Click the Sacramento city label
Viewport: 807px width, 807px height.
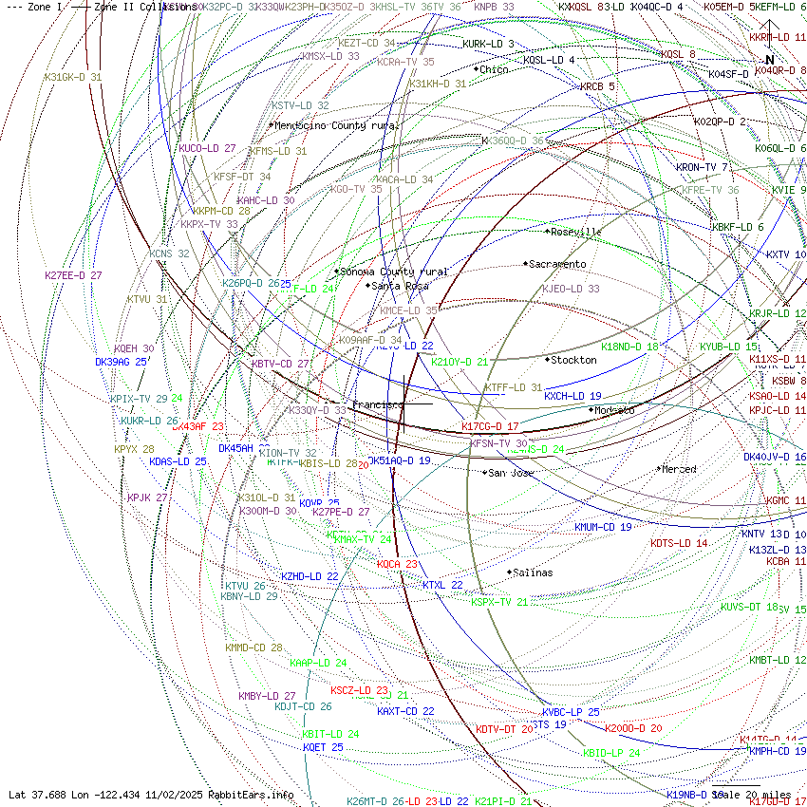coord(558,264)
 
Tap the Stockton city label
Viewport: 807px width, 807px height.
coord(574,360)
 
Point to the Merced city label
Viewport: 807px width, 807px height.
coord(679,469)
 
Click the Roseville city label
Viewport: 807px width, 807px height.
coord(576,231)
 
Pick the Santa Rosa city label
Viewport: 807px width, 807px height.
coord(400,285)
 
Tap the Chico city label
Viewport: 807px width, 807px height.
coord(494,69)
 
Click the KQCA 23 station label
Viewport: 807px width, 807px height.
coord(397,564)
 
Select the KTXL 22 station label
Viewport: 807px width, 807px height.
coord(442,585)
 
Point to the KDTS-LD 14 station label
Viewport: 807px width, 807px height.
coord(679,543)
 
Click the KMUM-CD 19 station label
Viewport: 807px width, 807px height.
coord(603,527)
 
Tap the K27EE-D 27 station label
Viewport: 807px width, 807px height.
coord(73,275)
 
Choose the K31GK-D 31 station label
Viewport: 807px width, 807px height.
coord(73,77)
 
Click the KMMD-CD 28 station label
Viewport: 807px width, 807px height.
coord(253,647)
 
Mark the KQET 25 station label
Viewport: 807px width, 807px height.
coord(323,747)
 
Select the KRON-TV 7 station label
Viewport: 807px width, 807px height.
coord(702,167)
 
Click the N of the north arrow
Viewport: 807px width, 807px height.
coord(770,60)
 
